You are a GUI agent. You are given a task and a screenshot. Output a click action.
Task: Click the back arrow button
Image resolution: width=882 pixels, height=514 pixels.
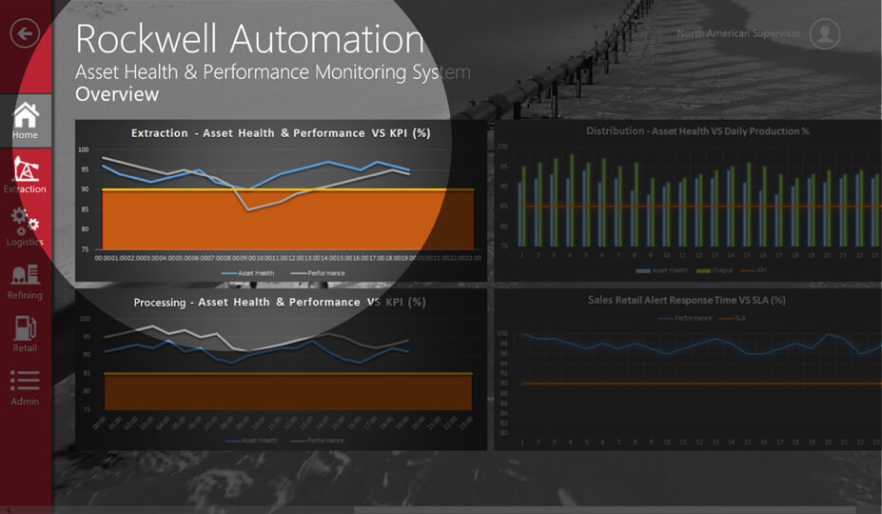(25, 33)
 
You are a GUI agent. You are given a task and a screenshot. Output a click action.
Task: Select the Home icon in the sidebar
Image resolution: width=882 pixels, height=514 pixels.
(26, 116)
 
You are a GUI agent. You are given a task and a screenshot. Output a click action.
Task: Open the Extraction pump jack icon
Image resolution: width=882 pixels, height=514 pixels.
(26, 169)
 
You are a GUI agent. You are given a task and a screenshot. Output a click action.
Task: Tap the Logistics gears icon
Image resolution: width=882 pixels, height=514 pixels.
(25, 222)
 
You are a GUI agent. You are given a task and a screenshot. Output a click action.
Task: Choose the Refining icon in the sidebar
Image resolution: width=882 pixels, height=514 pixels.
(25, 275)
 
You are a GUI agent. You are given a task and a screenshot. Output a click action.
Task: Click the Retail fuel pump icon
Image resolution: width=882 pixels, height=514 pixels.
(25, 327)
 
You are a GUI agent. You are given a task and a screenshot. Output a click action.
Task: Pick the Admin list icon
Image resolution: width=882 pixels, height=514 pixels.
(25, 381)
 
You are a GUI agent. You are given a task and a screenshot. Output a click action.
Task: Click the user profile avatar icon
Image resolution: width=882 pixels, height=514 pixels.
(824, 34)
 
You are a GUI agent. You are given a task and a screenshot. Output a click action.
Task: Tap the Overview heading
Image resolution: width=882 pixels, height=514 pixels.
(117, 95)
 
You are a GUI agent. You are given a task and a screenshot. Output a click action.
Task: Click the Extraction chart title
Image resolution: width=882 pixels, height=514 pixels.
(281, 133)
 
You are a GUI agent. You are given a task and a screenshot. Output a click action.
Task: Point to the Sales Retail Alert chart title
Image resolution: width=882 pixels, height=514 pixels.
(686, 300)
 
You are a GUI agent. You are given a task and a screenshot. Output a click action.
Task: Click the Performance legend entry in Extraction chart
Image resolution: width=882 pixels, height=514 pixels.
(324, 273)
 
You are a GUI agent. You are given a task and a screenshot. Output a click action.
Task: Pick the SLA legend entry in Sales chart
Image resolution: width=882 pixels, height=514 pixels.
(739, 318)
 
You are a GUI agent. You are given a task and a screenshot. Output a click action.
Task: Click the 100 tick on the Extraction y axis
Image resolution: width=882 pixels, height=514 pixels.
(84, 150)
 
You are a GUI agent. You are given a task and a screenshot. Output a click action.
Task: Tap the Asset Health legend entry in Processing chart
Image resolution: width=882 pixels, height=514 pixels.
(258, 441)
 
